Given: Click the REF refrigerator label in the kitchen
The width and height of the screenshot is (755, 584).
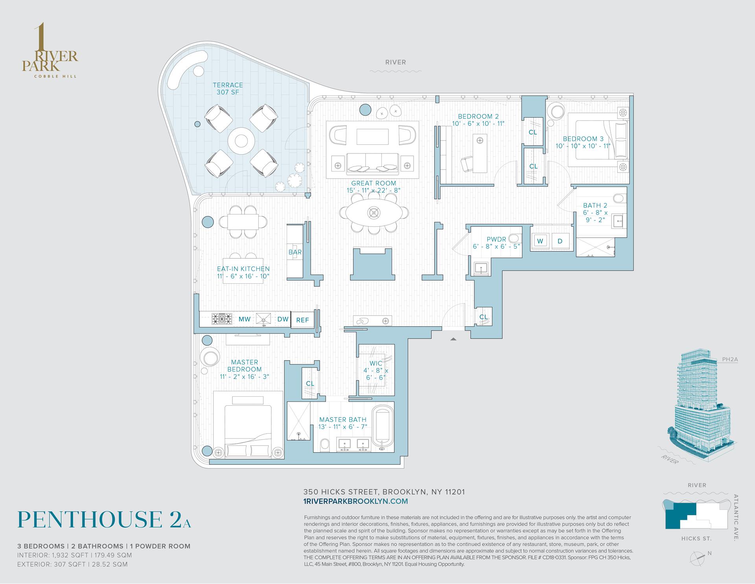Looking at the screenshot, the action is tap(302, 320).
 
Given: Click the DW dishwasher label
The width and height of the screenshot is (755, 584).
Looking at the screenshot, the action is tap(283, 319).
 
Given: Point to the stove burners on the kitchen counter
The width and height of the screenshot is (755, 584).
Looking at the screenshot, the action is tap(222, 319).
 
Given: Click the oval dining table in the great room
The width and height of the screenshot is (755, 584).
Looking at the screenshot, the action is tap(374, 213).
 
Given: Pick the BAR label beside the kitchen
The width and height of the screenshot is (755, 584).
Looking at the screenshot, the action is tap(295, 252).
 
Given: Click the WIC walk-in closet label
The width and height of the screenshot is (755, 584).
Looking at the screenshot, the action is tap(376, 363).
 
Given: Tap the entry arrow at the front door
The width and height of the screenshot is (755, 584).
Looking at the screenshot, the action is tap(453, 338).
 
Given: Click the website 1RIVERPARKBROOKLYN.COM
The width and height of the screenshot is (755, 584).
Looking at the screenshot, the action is tap(355, 501).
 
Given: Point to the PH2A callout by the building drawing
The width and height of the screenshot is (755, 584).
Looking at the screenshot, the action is tap(730, 359).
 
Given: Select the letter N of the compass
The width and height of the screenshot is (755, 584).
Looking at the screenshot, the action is tap(709, 553).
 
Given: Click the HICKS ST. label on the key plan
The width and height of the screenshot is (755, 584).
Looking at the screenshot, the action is tap(696, 538).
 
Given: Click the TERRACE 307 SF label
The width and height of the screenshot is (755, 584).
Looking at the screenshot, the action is tap(228, 89).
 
